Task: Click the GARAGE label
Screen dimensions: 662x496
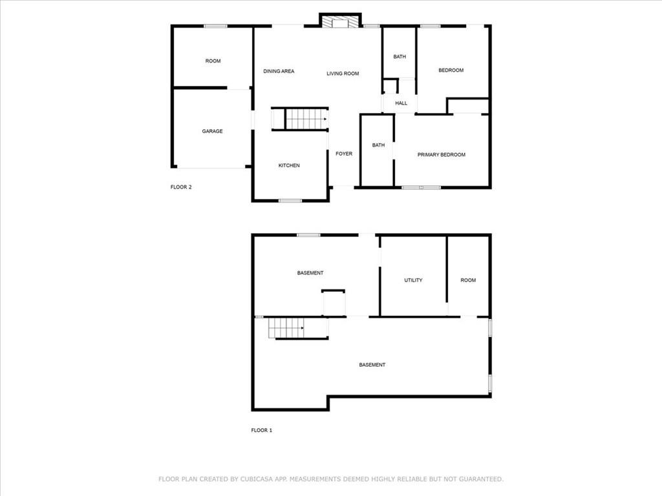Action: [x=212, y=131]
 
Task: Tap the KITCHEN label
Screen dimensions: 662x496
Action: [x=289, y=165]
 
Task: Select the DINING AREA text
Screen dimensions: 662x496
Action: [x=279, y=71]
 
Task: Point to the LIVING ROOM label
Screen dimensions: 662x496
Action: [x=343, y=74]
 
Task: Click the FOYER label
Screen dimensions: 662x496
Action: [x=344, y=154]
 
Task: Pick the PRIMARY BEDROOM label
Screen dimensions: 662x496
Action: [x=442, y=155]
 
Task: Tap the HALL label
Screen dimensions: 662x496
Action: [x=401, y=103]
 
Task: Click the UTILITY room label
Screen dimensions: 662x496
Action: [x=413, y=280]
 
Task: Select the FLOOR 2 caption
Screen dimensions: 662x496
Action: [x=181, y=187]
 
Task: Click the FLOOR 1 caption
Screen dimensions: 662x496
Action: [x=262, y=430]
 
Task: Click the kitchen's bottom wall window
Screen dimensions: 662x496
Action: [x=290, y=201]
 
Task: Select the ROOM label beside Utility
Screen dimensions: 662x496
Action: [x=468, y=280]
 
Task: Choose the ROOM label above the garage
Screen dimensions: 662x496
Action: [x=213, y=61]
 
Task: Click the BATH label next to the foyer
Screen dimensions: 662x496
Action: [x=378, y=145]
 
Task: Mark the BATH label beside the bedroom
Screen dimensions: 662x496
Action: [x=400, y=57]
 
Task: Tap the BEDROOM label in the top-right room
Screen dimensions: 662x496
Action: [x=451, y=70]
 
